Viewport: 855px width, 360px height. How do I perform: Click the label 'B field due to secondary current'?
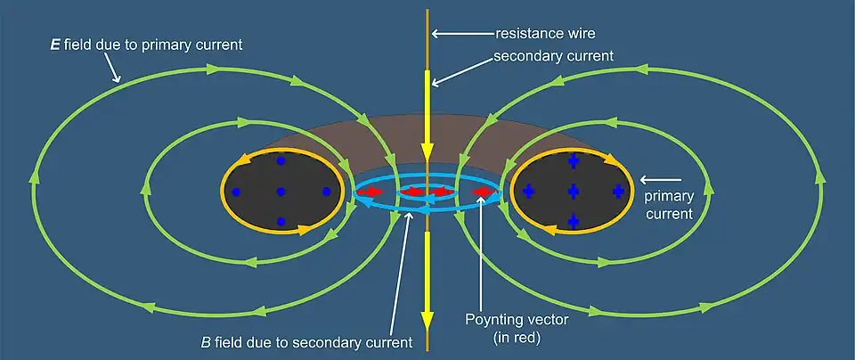(x=307, y=341)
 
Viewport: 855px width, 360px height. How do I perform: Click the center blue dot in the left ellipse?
(x=281, y=192)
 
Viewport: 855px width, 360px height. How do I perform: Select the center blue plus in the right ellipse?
(x=573, y=192)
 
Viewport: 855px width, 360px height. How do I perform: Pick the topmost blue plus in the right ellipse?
(x=573, y=161)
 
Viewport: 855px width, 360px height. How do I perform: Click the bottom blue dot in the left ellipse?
(x=281, y=221)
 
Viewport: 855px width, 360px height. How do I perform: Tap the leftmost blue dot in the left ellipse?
(x=236, y=192)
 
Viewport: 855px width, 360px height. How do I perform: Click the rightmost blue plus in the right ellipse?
(x=618, y=192)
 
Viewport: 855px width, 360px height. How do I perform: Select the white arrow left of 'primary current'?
(x=654, y=177)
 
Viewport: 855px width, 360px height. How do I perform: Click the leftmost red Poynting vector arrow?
(x=367, y=191)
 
